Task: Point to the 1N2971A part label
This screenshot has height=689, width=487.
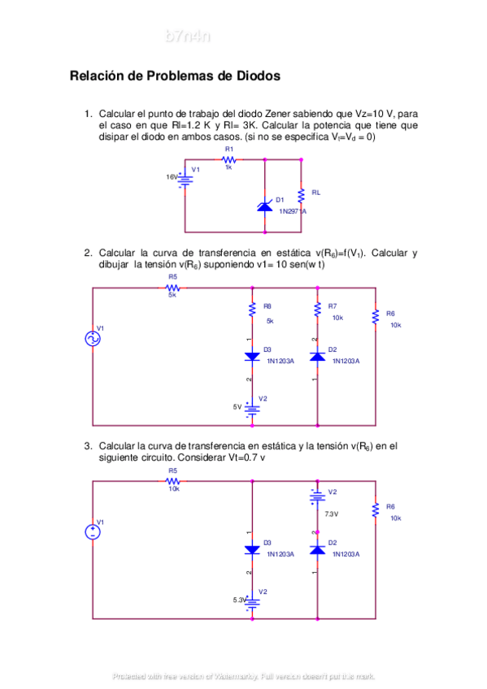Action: coord(293,211)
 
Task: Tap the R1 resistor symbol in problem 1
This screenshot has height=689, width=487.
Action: coord(229,160)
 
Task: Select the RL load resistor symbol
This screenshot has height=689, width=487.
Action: coord(302,193)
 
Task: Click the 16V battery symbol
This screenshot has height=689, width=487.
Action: coord(186,177)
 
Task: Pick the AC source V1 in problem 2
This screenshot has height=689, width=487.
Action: coord(93,339)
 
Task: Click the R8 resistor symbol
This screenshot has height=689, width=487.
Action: coord(252,310)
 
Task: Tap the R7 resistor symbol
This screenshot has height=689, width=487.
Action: coord(317,310)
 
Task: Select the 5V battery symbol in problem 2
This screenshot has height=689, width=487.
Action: coord(252,408)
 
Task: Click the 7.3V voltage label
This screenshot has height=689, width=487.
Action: coord(331,514)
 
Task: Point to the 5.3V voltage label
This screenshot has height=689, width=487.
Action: coord(239,600)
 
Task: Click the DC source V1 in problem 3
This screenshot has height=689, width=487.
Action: coord(93,532)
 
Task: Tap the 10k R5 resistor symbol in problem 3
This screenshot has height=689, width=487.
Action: coord(173,481)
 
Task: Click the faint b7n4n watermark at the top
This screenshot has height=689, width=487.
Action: coord(188,36)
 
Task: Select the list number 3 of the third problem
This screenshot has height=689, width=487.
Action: coord(88,446)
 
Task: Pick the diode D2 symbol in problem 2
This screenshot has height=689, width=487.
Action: coord(317,355)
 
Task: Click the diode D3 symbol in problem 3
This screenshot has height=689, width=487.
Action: coord(252,549)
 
